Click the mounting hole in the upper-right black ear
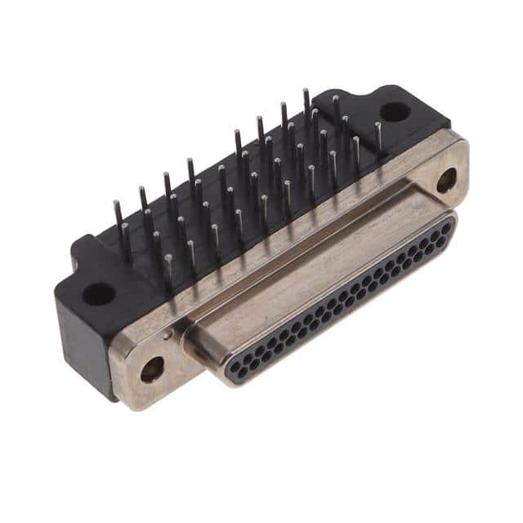point(395,112)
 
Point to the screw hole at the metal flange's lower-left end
point(152,369)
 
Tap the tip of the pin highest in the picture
point(306,91)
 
